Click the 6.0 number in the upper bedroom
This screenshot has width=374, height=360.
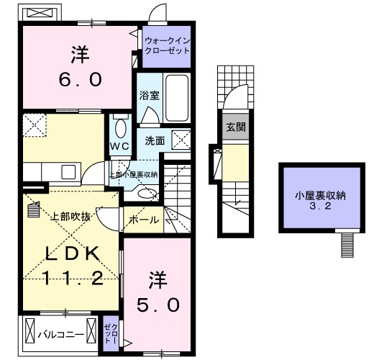(x=76, y=79)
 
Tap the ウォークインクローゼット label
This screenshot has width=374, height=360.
(x=167, y=46)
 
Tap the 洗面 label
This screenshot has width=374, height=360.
(x=154, y=140)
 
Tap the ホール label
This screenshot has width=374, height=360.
(x=143, y=220)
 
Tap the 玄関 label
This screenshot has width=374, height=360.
(x=236, y=128)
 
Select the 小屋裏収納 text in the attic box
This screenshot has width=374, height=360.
(x=319, y=195)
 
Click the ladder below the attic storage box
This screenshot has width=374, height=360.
(x=347, y=243)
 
